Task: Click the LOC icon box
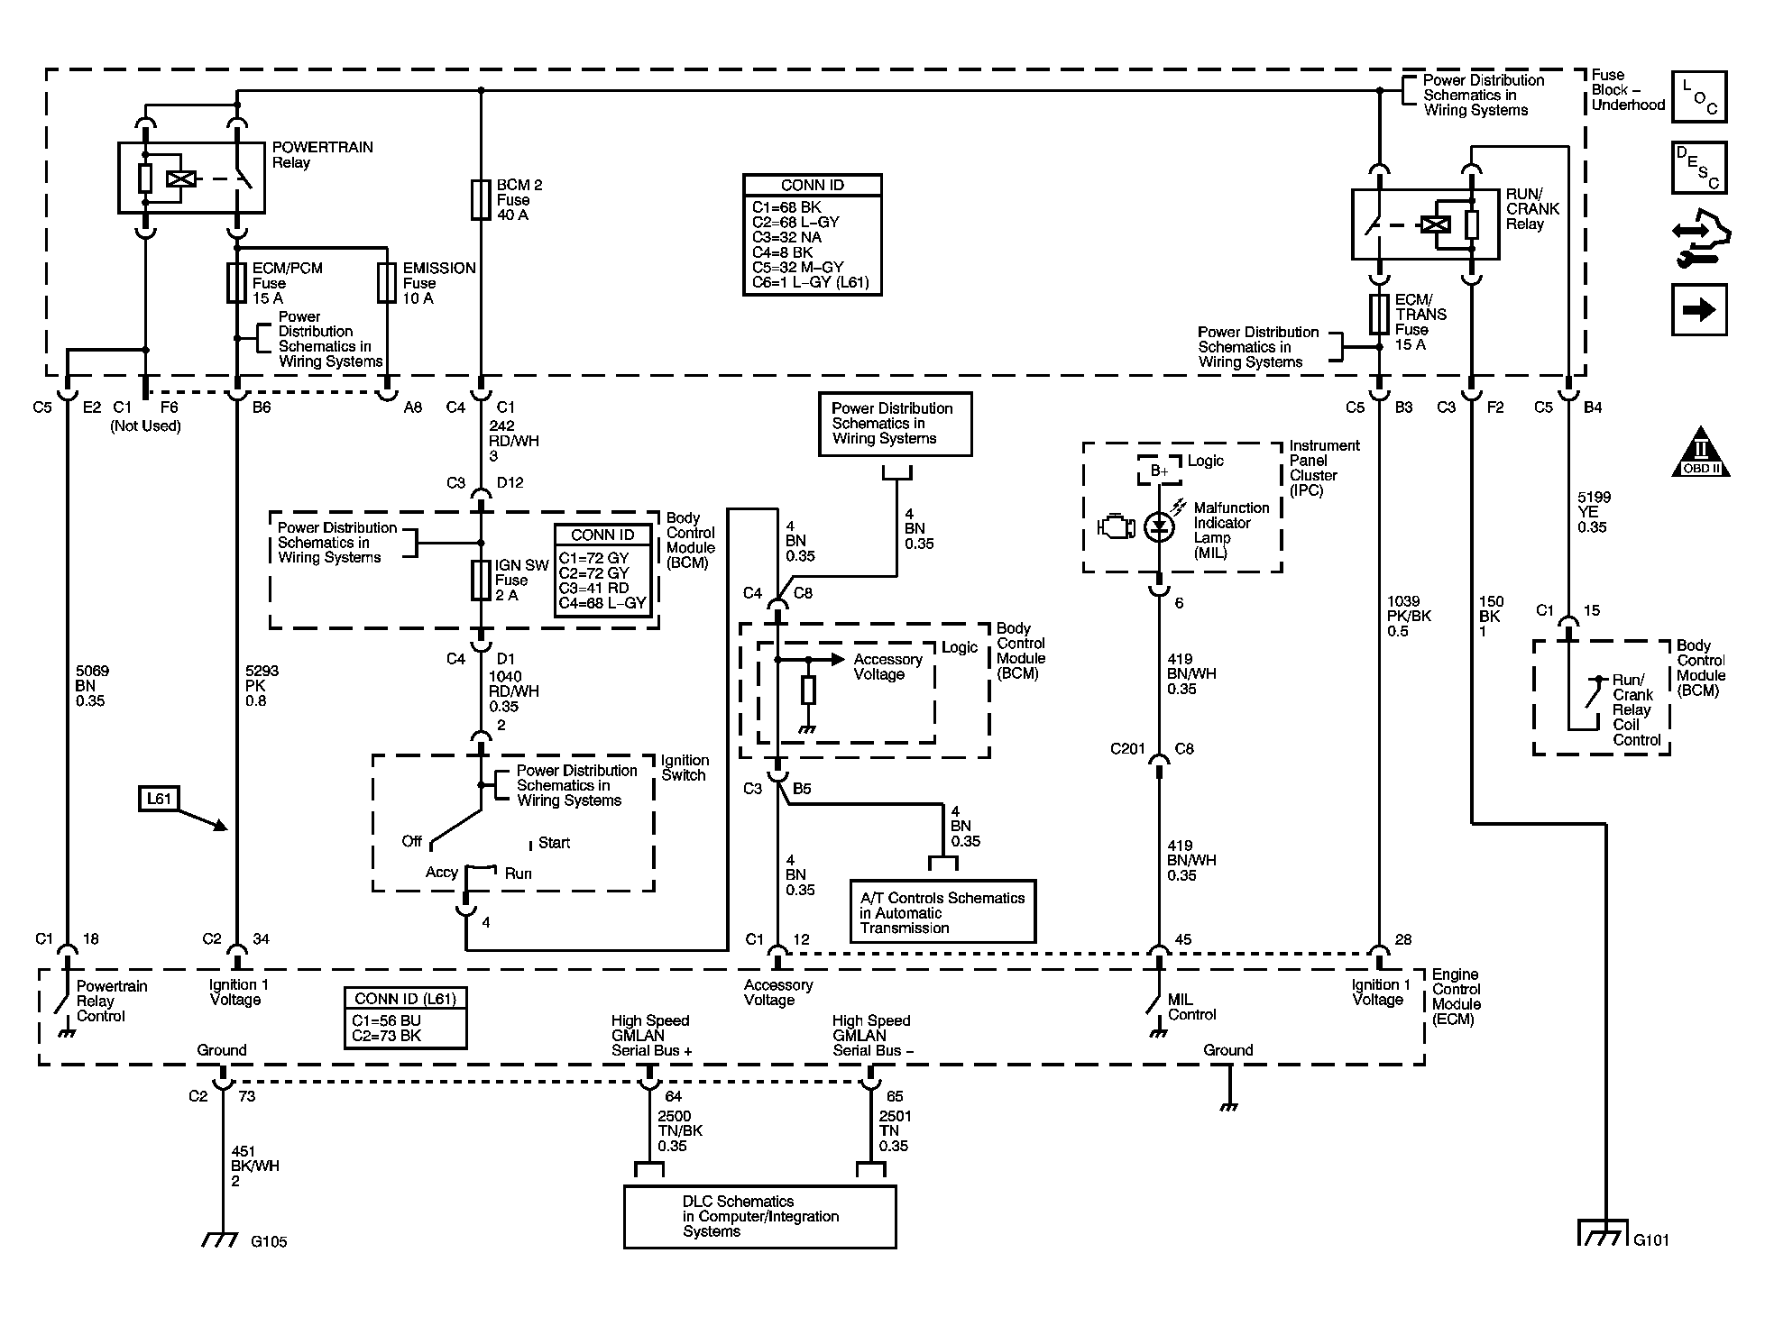[x=1699, y=96]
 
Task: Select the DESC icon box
[x=1699, y=168]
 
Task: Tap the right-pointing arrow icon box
[x=1699, y=310]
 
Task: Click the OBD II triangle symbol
[x=1701, y=452]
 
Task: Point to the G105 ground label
[x=269, y=1241]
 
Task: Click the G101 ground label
[x=1651, y=1239]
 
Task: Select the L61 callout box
[x=159, y=799]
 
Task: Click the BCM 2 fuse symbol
[x=481, y=199]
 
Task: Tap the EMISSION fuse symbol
[x=387, y=282]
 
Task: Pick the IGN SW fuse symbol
[x=481, y=580]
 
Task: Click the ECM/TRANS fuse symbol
[x=1379, y=314]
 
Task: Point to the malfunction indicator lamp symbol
[x=1159, y=526]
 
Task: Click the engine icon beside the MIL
[x=1116, y=526]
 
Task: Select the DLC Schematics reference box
[x=759, y=1217]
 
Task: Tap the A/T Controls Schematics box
[x=942, y=912]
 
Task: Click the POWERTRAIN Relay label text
[x=322, y=155]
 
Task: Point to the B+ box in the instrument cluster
[x=1159, y=471]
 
